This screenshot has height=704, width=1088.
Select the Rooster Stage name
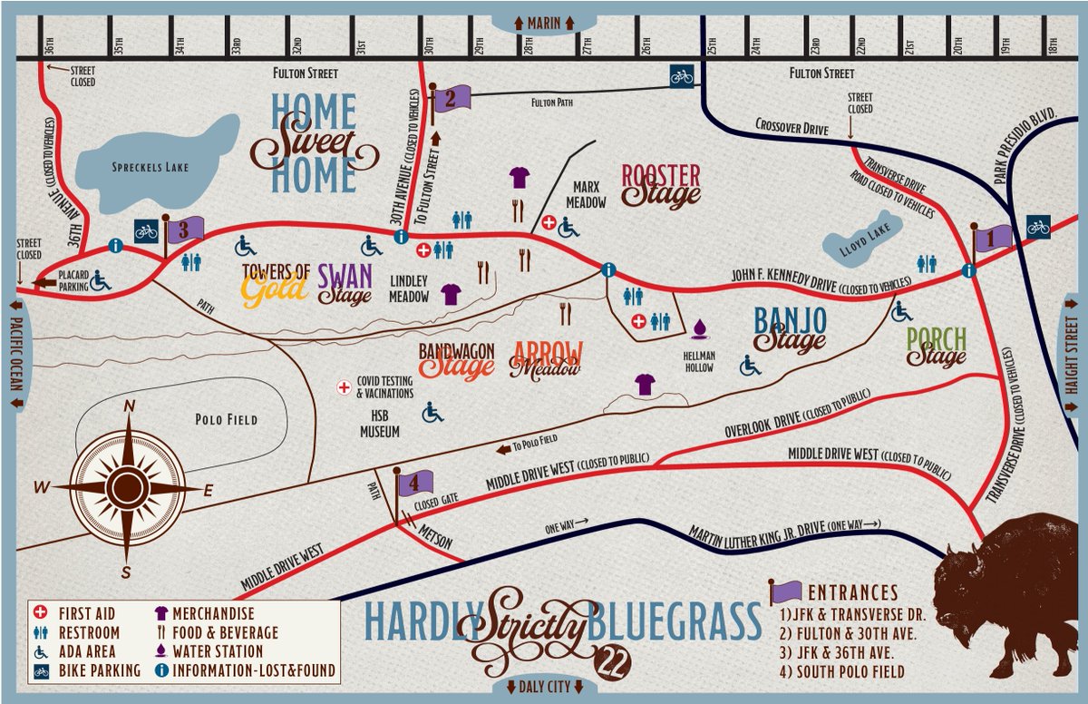click(661, 185)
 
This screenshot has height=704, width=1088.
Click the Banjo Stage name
click(791, 328)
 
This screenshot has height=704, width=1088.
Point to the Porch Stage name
click(937, 348)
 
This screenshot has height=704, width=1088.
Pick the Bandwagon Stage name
click(456, 359)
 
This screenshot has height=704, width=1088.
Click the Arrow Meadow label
click(547, 359)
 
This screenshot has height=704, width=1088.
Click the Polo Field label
click(227, 420)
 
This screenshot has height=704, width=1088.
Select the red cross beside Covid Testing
click(345, 386)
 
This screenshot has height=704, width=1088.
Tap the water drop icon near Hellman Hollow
click(698, 328)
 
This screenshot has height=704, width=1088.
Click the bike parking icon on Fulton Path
click(682, 76)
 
